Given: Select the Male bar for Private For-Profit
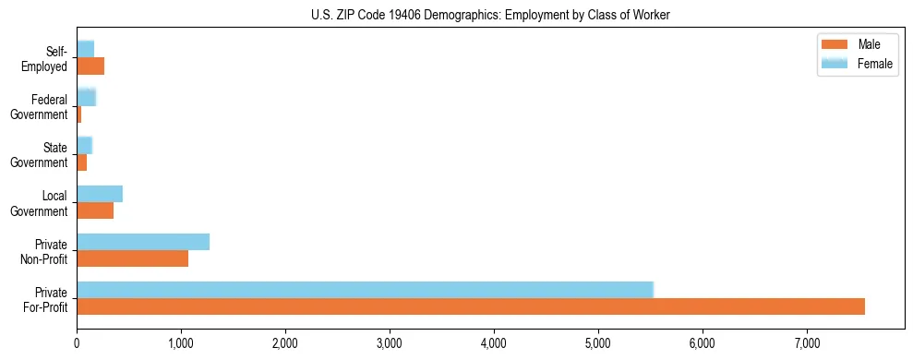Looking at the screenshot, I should click(471, 306).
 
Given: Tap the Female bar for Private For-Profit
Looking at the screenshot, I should click(365, 289).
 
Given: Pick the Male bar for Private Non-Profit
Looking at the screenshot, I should click(132, 258).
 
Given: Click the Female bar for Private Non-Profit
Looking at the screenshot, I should click(143, 242).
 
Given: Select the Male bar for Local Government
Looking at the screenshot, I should click(95, 210).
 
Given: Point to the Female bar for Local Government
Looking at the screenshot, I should click(100, 194).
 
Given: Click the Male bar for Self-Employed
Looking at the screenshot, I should click(90, 66).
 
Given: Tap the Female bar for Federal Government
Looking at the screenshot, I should click(86, 98).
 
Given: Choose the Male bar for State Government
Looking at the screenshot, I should click(81, 162).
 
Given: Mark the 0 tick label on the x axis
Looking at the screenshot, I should click(77, 343).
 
